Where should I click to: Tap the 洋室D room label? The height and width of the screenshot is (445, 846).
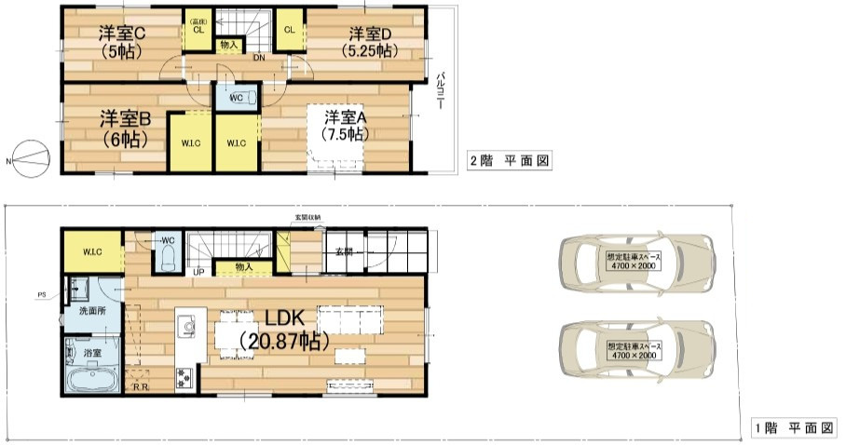click(370, 42)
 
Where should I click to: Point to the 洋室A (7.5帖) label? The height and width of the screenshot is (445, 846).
click(345, 125)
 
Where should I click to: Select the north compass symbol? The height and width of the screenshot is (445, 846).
click(28, 159)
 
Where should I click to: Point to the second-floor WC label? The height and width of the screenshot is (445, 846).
click(235, 96)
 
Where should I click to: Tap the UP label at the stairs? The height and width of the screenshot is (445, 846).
click(198, 273)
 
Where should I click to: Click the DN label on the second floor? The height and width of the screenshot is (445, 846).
click(257, 58)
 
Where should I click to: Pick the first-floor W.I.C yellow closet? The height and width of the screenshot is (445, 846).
click(92, 251)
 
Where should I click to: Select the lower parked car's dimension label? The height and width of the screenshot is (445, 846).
click(633, 351)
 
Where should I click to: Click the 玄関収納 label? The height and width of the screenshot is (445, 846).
click(307, 218)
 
